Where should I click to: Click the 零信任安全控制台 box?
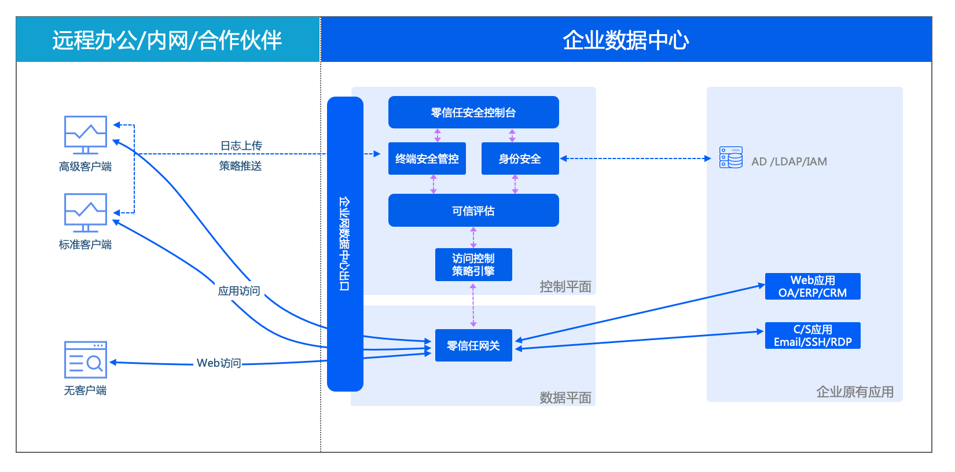click(x=473, y=112)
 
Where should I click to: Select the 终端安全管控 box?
click(x=427, y=158)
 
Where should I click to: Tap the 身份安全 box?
click(x=520, y=158)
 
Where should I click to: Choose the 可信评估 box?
click(x=473, y=211)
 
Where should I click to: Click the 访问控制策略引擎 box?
click(x=473, y=264)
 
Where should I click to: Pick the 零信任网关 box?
click(x=473, y=345)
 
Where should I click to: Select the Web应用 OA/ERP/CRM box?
click(x=813, y=286)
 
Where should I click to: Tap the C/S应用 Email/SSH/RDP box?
click(x=813, y=335)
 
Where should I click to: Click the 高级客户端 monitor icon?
click(x=85, y=135)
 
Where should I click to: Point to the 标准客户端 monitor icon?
click(x=85, y=212)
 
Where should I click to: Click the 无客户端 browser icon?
click(x=85, y=360)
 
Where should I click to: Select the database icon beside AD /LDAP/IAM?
click(x=731, y=157)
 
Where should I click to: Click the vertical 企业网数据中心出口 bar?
click(x=345, y=244)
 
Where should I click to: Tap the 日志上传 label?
click(x=241, y=146)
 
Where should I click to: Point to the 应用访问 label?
click(x=238, y=291)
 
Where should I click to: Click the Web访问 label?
click(x=219, y=363)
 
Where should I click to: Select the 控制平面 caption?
click(x=565, y=287)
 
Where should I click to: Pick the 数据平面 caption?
click(x=565, y=398)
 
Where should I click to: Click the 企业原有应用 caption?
click(x=855, y=392)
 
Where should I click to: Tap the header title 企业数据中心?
click(x=626, y=40)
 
